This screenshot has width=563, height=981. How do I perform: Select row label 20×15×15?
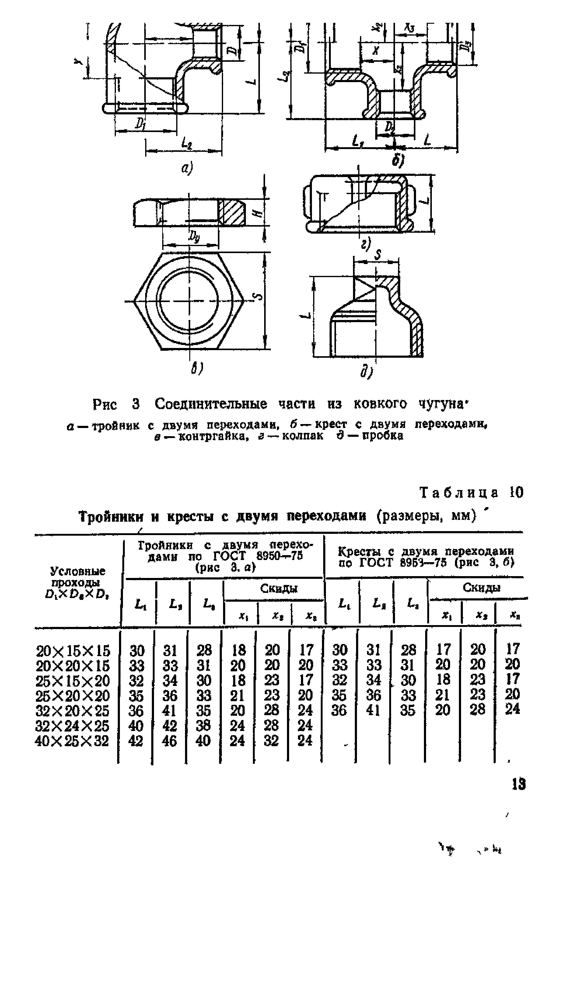pos(73,651)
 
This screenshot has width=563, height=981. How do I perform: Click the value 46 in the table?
pos(170,741)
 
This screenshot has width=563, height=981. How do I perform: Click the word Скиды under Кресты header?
pos(476,588)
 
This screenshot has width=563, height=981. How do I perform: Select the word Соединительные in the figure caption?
pos(211,404)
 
